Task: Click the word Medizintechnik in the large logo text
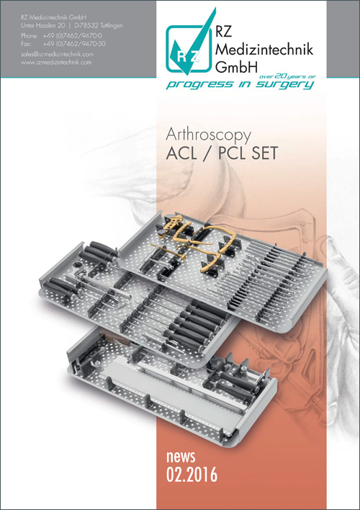[x=264, y=49]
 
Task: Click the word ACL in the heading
[x=181, y=153]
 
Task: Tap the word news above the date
[x=181, y=457]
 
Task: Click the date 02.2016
[x=192, y=474]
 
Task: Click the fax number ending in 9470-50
[x=74, y=44]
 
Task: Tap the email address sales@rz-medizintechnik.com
[x=57, y=54]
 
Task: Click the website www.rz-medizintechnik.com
[x=56, y=62]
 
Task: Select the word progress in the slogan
[x=199, y=85]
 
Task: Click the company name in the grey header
[x=54, y=17]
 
